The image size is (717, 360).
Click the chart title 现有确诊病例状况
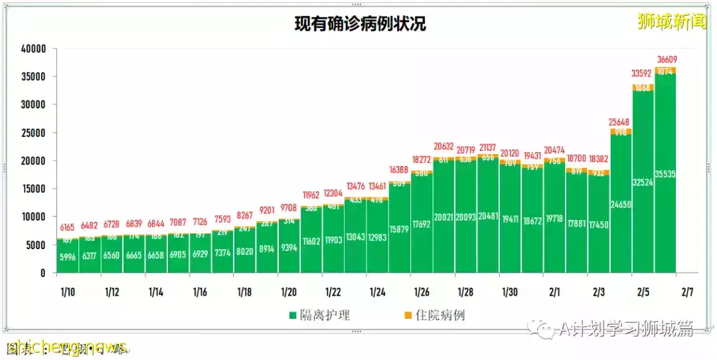click(x=360, y=25)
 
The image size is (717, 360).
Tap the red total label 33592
click(x=644, y=74)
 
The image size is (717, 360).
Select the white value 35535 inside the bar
click(x=665, y=174)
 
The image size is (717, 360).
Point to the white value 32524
click(x=643, y=182)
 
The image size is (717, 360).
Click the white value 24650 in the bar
click(x=621, y=205)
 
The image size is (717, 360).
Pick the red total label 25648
click(x=621, y=122)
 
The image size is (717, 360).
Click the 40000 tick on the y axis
click(x=33, y=48)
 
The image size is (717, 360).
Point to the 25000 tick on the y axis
click(x=33, y=133)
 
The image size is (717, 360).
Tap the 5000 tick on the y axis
click(x=36, y=245)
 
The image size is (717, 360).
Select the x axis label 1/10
click(x=67, y=292)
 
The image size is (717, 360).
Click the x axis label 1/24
click(x=377, y=292)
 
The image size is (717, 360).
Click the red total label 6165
click(x=67, y=228)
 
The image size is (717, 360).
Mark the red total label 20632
click(x=443, y=147)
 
